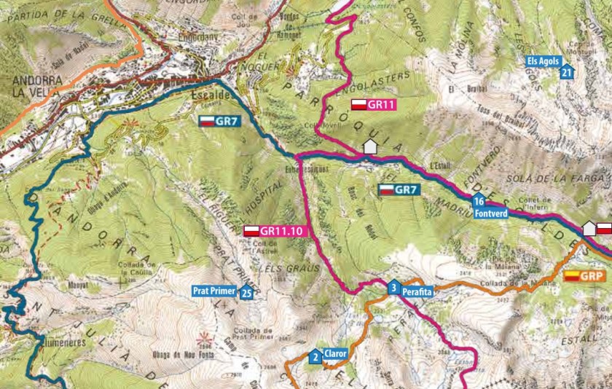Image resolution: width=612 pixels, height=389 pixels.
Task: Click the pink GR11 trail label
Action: point(374,105)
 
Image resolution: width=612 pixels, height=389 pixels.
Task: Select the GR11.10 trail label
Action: point(271,231)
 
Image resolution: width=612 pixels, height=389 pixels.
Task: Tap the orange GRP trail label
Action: point(585,276)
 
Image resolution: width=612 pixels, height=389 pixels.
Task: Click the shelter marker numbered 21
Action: point(568,71)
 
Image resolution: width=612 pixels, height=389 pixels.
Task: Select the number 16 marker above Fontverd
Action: point(478,202)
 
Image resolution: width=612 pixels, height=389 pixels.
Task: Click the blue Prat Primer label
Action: point(215,291)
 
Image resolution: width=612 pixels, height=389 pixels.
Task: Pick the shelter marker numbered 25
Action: point(246,293)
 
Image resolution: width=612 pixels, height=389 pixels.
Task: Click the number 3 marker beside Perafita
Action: point(393,288)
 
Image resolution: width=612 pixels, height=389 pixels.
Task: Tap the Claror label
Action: point(335,354)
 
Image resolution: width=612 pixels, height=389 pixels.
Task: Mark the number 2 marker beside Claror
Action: point(315,357)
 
